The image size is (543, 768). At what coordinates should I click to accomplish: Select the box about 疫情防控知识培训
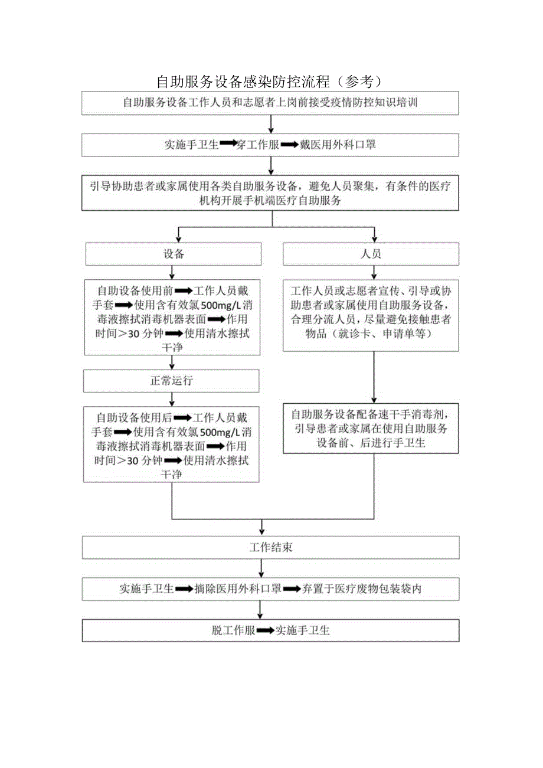[x=270, y=103]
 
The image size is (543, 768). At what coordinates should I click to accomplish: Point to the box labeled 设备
[x=174, y=254]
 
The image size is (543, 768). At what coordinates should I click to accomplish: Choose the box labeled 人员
[x=371, y=254]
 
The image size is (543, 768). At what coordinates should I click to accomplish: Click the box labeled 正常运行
[x=171, y=381]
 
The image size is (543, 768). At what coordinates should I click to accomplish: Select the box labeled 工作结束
[x=270, y=547]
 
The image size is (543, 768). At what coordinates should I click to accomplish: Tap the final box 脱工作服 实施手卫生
[x=270, y=630]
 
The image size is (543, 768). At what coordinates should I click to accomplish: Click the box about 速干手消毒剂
[x=371, y=428]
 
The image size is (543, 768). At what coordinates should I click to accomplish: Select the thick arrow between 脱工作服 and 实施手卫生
[x=266, y=630]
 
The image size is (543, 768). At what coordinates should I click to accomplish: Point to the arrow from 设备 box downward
[x=171, y=272]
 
